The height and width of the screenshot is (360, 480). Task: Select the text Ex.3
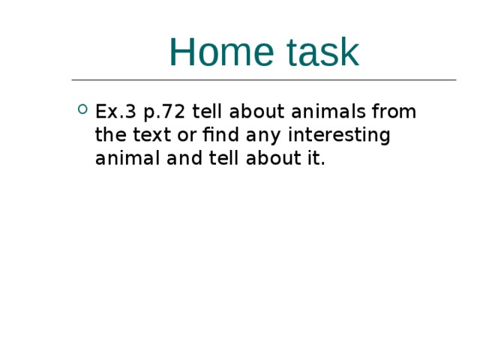[115, 112]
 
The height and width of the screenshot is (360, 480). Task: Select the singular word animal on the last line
[124, 159]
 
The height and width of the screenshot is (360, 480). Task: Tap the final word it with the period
[307, 159]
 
